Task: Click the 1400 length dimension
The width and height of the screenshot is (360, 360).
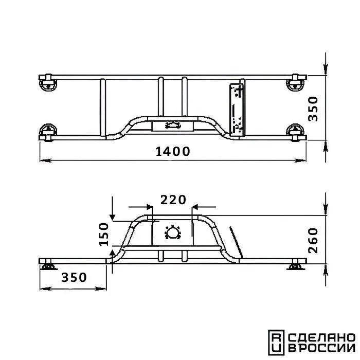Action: [x=173, y=152]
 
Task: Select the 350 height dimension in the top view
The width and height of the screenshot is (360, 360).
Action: [x=313, y=109]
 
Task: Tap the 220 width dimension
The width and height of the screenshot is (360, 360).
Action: [x=173, y=200]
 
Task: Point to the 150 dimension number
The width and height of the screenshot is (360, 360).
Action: [x=103, y=235]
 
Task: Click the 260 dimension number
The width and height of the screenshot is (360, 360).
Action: [x=313, y=241]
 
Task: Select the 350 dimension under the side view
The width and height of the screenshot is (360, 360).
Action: [x=74, y=277]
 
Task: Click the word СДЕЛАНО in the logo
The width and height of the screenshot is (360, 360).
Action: [x=321, y=338]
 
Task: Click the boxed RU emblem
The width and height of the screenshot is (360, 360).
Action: [x=276, y=343]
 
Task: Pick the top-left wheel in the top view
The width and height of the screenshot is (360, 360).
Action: [x=48, y=83]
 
